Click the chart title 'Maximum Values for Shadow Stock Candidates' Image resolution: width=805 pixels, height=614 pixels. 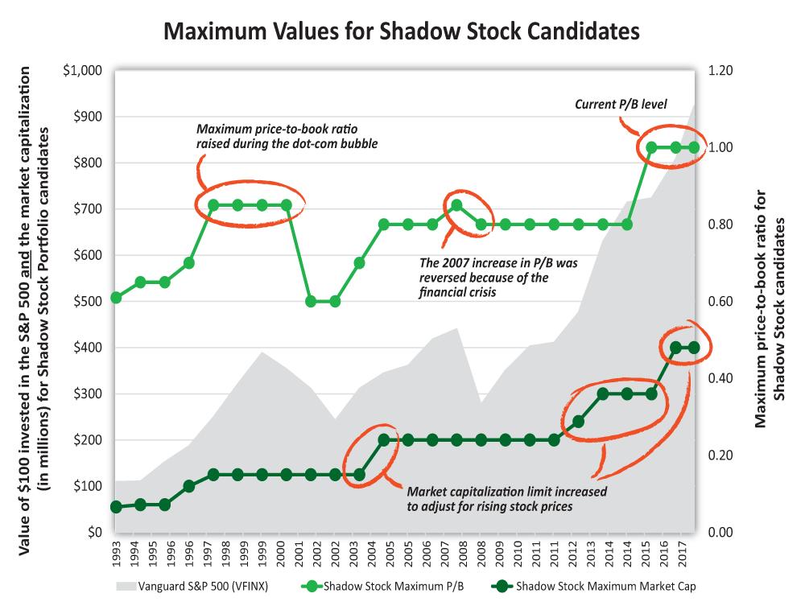402,31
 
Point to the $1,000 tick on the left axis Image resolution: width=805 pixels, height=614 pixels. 82,71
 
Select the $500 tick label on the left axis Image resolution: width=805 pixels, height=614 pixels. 86,302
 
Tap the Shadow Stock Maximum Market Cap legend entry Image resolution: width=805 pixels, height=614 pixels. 593,587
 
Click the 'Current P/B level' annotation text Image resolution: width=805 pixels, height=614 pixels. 620,104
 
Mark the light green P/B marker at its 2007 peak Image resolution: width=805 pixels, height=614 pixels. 456,205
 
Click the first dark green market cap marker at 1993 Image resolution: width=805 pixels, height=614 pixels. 116,507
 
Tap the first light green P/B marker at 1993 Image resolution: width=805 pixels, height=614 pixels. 116,298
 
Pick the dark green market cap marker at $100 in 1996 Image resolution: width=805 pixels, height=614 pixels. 188,486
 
